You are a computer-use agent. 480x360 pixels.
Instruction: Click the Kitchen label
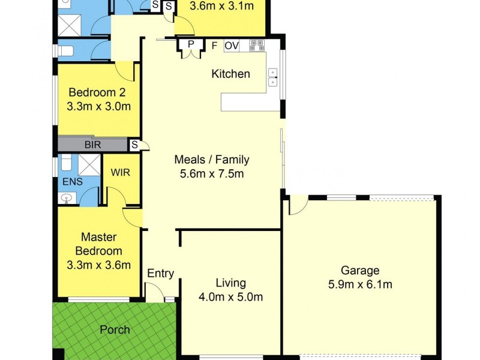[x=230, y=74]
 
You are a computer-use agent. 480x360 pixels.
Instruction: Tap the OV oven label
[x=232, y=45]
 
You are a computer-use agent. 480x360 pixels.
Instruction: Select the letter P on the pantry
[x=191, y=44]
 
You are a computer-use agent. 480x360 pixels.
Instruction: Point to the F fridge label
[x=214, y=45]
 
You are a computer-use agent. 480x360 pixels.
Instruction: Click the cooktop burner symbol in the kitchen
[x=257, y=45]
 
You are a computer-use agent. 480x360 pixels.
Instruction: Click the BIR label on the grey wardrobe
[x=92, y=145]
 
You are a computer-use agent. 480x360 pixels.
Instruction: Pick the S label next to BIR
[x=135, y=145]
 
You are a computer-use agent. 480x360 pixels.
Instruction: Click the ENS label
[x=68, y=181]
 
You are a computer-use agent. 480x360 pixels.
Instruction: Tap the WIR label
[x=121, y=172]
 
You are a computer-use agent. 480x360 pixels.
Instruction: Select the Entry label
[x=161, y=274]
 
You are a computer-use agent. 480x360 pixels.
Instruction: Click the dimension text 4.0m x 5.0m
[x=231, y=296]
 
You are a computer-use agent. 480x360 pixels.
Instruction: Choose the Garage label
[x=360, y=271]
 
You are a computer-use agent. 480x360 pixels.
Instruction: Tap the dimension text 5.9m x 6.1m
[x=360, y=284]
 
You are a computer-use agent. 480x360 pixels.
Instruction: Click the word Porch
[x=115, y=329]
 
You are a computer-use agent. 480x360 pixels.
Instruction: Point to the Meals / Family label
[x=211, y=160]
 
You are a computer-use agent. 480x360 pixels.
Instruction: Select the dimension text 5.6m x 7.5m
[x=211, y=174]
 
